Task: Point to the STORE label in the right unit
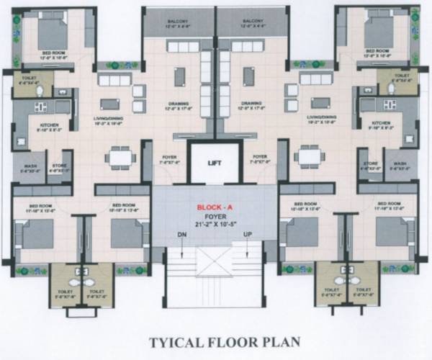click(371, 163)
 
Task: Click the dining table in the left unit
click(119, 156)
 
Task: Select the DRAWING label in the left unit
click(178, 103)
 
